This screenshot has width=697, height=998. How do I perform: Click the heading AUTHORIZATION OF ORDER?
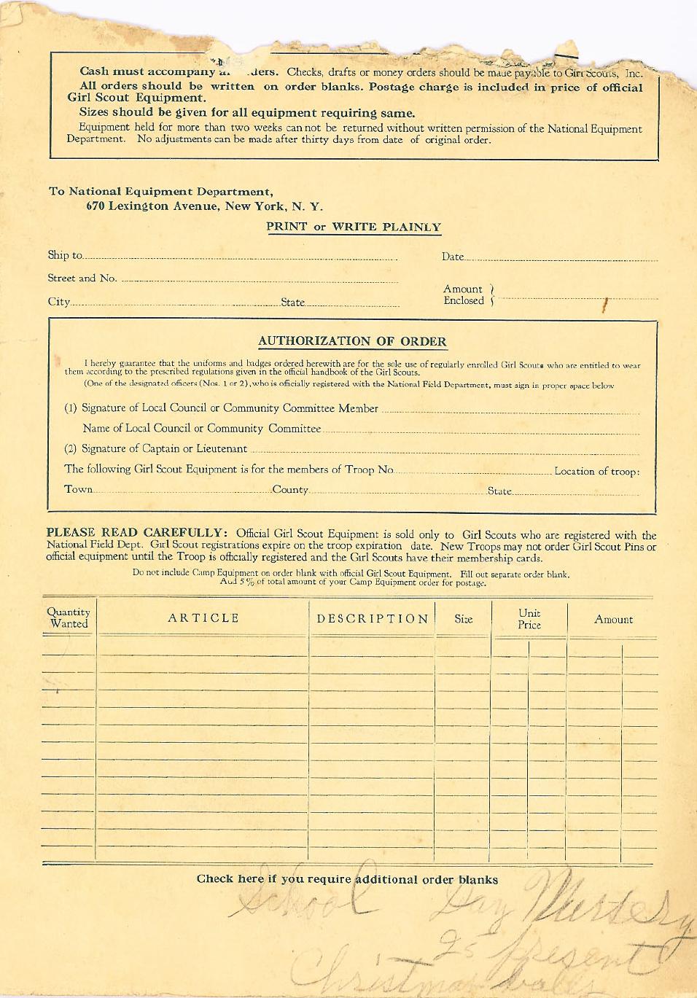pyautogui.click(x=352, y=341)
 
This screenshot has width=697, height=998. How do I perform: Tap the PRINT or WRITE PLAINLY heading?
pyautogui.click(x=354, y=227)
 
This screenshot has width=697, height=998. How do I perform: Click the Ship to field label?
pyautogui.click(x=65, y=255)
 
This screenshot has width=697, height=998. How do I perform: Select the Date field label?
pyautogui.click(x=452, y=257)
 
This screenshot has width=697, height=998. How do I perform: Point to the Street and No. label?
pyautogui.click(x=82, y=278)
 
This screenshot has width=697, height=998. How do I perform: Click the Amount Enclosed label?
pyautogui.click(x=464, y=295)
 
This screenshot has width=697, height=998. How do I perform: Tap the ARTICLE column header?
pyautogui.click(x=203, y=618)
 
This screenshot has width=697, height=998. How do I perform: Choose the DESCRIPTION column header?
pyautogui.click(x=373, y=619)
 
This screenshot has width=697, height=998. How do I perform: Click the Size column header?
pyautogui.click(x=464, y=619)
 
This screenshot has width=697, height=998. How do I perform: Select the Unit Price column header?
pyautogui.click(x=529, y=619)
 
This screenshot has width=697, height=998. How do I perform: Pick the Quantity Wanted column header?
pyautogui.click(x=69, y=617)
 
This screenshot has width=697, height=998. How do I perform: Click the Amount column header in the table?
pyautogui.click(x=613, y=620)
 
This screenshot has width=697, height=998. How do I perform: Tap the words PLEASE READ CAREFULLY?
pyautogui.click(x=137, y=533)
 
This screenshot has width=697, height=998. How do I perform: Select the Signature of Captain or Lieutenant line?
pyautogui.click(x=164, y=449)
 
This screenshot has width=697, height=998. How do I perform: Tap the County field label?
pyautogui.click(x=290, y=490)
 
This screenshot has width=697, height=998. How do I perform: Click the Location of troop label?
pyautogui.click(x=596, y=472)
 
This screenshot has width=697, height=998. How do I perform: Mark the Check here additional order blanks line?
pyautogui.click(x=347, y=879)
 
